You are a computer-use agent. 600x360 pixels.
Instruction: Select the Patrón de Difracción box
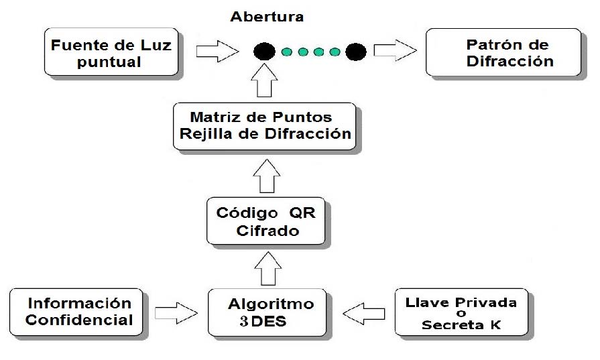click(x=503, y=52)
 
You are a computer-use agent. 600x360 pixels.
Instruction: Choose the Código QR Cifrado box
click(x=266, y=221)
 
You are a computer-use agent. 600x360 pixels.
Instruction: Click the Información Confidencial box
click(x=79, y=311)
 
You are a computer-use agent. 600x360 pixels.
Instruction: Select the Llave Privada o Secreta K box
click(x=461, y=312)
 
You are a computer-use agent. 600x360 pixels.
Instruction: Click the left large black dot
click(x=264, y=51)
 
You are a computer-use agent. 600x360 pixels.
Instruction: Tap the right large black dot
click(x=355, y=51)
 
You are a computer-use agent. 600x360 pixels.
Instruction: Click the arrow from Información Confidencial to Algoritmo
click(x=176, y=312)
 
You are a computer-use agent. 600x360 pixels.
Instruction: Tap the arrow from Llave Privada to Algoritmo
click(x=365, y=312)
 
